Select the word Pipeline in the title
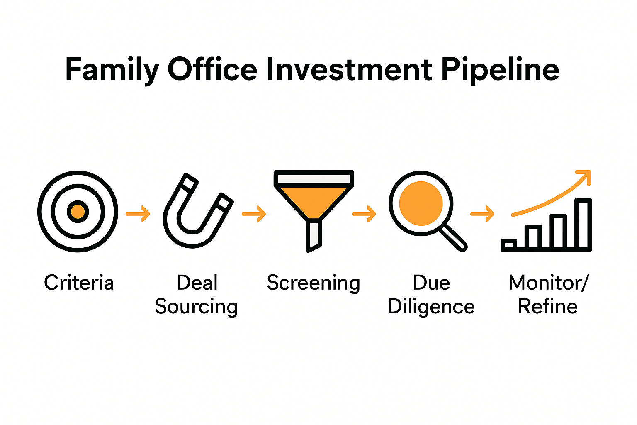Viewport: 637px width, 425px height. coord(500,69)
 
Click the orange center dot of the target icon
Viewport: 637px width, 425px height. coord(78,212)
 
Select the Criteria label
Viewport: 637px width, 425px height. coord(79,283)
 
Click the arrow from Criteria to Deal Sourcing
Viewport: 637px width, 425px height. coord(138,214)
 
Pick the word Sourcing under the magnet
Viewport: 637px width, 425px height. coord(196,307)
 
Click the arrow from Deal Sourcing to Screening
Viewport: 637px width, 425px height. coord(254,214)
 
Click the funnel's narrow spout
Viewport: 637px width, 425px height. coord(314,236)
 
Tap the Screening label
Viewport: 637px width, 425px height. coord(314,283)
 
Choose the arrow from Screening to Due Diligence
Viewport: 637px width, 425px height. coord(364,214)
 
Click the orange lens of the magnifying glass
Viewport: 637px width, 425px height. coord(421,203)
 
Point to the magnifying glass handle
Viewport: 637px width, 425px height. coord(454,238)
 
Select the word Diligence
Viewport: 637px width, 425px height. coord(431,307)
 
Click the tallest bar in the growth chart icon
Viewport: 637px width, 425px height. coord(583,224)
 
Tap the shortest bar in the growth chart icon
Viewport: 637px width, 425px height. coord(508,245)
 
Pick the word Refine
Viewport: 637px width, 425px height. coord(547,307)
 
